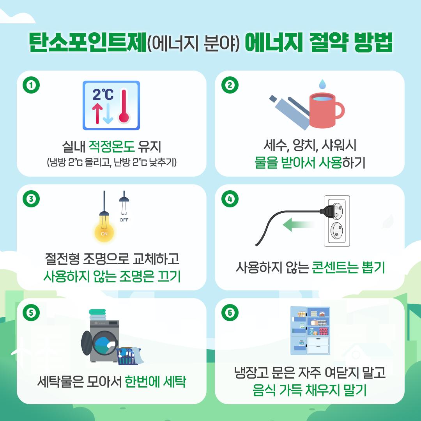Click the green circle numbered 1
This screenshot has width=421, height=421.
pyautogui.click(x=31, y=85)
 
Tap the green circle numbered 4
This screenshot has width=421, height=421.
pyautogui.click(x=230, y=199)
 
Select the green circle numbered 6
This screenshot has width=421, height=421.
pyautogui.click(x=230, y=313)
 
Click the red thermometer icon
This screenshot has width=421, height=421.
pyautogui.click(x=124, y=106)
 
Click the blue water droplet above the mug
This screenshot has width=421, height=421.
pyautogui.click(x=322, y=84)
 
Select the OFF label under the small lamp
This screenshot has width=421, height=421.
pyautogui.click(x=124, y=220)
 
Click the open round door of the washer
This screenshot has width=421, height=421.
pyautogui.click(x=87, y=343)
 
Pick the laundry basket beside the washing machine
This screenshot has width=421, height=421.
pyautogui.click(x=128, y=356)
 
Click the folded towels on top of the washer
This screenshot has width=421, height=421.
pyautogui.click(x=97, y=315)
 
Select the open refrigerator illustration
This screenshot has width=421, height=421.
pyautogui.click(x=310, y=331)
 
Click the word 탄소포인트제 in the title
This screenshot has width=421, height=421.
pyautogui.click(x=88, y=42)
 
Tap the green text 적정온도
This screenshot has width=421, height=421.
pyautogui.click(x=111, y=146)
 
